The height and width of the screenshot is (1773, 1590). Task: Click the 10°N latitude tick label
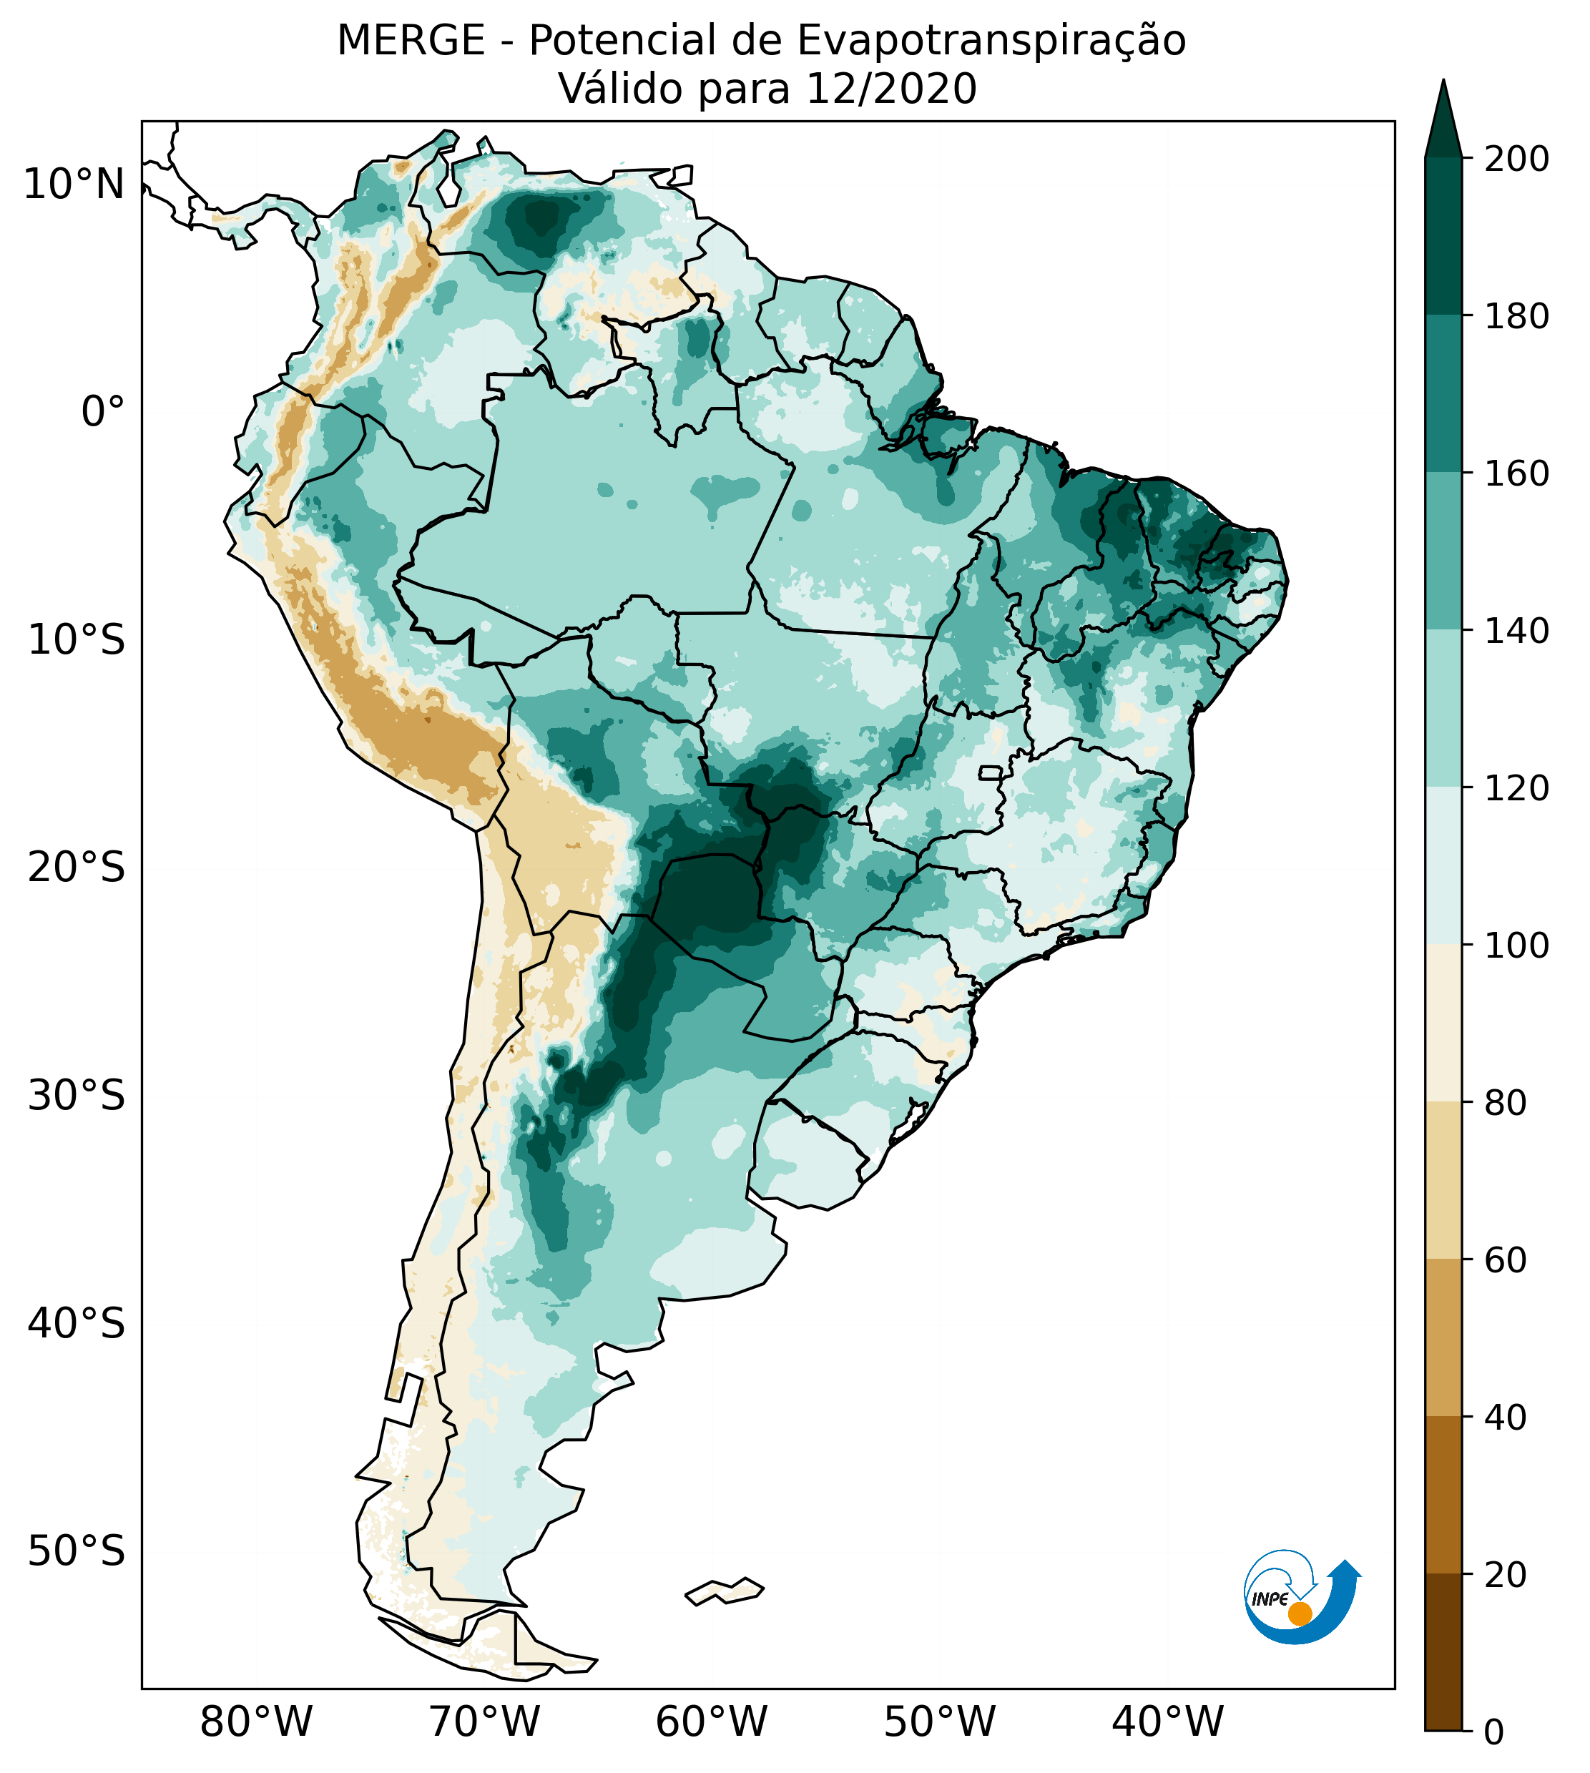(74, 185)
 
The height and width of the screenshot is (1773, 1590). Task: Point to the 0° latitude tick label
(102, 412)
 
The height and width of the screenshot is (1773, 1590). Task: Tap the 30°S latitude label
(77, 1095)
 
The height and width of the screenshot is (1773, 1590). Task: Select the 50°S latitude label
(77, 1551)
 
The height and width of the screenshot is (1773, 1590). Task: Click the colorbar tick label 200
(1516, 159)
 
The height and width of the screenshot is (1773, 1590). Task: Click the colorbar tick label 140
(1516, 632)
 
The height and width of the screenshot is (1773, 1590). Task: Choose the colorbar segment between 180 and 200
(1443, 236)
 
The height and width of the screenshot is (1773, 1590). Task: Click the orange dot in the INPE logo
(1300, 1614)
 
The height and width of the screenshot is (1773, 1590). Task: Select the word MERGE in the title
(411, 41)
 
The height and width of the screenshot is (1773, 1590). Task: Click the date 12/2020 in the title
(891, 89)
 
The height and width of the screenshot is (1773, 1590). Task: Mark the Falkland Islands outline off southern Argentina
(725, 1591)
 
